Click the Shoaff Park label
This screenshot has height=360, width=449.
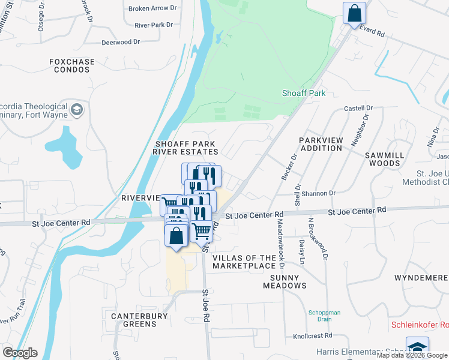(303, 94)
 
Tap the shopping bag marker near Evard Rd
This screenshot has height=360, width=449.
(354, 13)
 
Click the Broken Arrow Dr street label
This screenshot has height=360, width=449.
(153, 9)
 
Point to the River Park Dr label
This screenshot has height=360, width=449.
(154, 25)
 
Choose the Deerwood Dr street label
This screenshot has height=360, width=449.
(120, 43)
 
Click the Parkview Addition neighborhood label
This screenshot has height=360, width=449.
(321, 144)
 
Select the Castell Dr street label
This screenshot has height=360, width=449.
(358, 109)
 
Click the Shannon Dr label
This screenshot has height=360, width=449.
(319, 193)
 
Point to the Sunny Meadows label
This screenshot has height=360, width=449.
(285, 281)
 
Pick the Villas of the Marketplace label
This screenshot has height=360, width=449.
(244, 262)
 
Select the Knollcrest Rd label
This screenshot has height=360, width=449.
(312, 336)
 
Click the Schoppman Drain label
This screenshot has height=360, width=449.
(325, 316)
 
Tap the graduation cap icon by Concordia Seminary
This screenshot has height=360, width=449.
(77, 110)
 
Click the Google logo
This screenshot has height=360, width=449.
(20, 353)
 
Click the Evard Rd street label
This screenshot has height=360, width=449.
(372, 35)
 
